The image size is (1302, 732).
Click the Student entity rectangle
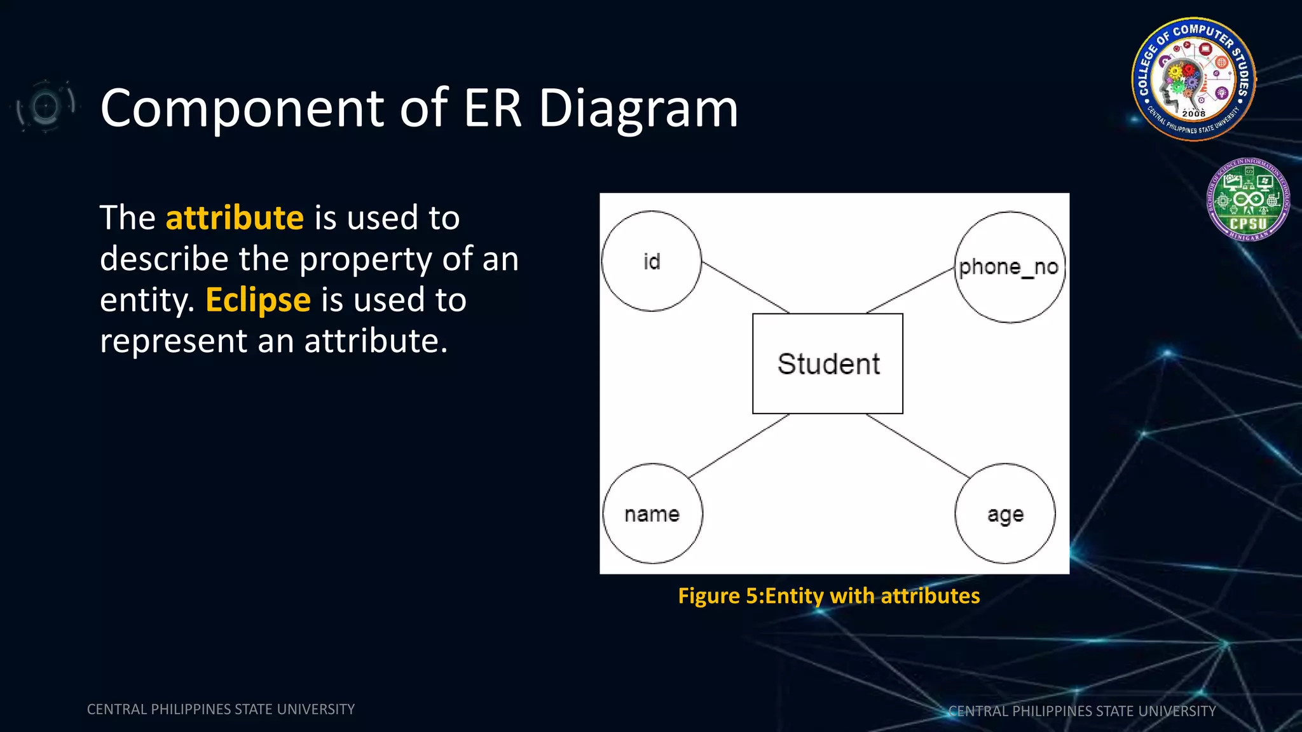coord(827,363)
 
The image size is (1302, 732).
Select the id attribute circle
coord(651,261)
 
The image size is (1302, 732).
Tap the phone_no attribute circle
coord(1010,267)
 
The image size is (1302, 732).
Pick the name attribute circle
coord(652,513)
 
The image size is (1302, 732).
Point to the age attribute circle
coord(1005,513)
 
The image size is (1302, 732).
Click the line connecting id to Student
coord(745,287)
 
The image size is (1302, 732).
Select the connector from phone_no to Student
coord(910,290)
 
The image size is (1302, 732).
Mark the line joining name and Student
coord(739,445)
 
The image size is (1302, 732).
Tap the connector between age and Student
coord(918,445)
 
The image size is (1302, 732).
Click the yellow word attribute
coord(235,218)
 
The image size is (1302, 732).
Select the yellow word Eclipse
coord(258,300)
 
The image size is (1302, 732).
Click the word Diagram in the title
coord(638,108)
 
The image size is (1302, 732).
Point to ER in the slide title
coord(492,108)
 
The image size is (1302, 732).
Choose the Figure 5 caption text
coord(828,596)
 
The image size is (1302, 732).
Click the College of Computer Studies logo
coord(1193,79)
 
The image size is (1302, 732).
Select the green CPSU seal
coord(1248,200)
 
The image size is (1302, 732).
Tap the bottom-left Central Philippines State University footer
coord(221,709)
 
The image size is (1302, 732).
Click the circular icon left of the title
coord(45,106)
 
